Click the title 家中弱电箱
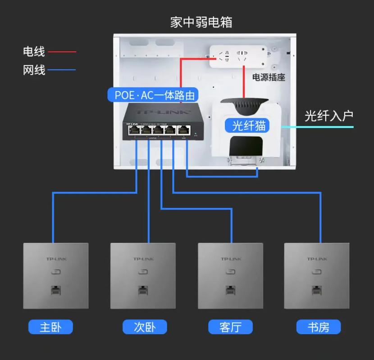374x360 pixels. tap(201, 22)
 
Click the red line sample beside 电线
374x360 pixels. tap(62, 52)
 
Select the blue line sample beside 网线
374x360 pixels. tap(62, 70)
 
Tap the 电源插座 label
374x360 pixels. tap(268, 77)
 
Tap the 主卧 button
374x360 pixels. tap(50, 327)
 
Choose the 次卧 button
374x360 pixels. tap(145, 327)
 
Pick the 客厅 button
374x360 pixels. tap(230, 327)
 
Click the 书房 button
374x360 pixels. tap(318, 327)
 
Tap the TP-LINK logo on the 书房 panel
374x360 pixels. tap(317, 259)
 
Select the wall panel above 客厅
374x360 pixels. tap(231, 275)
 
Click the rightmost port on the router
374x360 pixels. tap(183, 130)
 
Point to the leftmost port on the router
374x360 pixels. tap(134, 130)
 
